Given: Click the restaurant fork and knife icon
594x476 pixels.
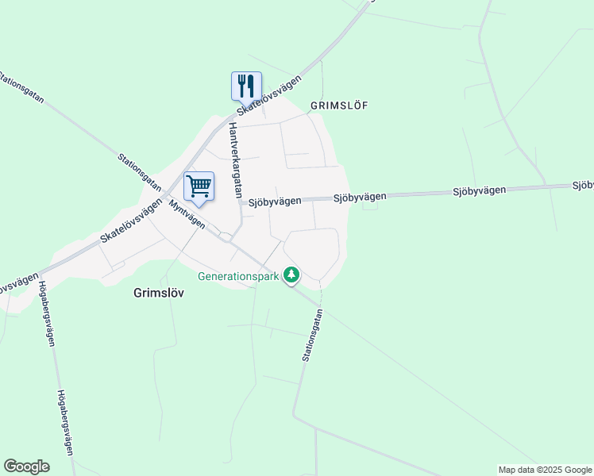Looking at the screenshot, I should coord(246,85).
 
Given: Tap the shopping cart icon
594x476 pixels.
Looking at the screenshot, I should coord(199,186).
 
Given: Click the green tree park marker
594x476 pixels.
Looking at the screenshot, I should coord(292,275).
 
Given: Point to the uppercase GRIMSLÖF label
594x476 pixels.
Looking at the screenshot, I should coord(340,105).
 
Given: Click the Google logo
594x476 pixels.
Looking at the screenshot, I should coord(26,466).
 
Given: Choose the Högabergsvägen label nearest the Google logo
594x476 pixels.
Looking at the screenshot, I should coord(65,421).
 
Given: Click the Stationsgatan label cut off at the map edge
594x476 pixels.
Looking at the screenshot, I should coord(21,89).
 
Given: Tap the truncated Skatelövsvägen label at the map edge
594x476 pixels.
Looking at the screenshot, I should coord(17,282).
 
